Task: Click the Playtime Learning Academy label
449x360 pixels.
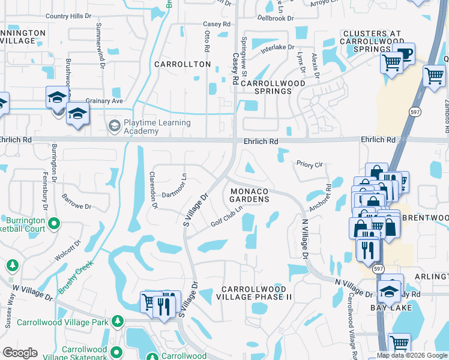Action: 157,127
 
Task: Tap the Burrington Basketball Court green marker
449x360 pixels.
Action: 54,224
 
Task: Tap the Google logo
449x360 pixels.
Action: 20,353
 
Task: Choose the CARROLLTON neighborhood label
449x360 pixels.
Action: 182,64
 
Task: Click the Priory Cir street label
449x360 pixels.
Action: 310,164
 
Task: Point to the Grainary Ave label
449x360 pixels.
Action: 104,101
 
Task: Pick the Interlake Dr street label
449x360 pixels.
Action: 275,47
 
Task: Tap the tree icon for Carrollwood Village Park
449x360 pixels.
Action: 118,322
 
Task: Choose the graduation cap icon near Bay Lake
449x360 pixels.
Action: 390,291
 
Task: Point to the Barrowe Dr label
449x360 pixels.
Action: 76,202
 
